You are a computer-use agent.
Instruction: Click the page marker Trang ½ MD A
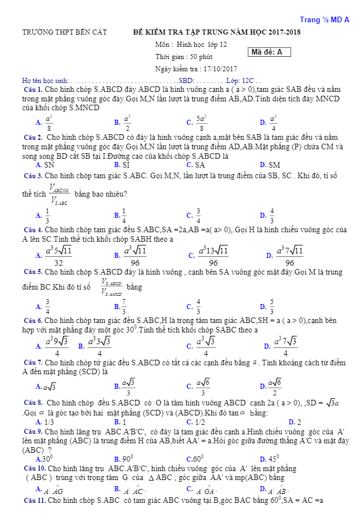coord(324,20)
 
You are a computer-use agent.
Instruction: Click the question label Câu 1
coord(34,89)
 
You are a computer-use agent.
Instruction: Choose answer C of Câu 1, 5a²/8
coord(198,121)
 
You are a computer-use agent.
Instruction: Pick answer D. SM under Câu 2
coord(270,165)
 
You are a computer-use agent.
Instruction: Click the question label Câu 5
coord(33,272)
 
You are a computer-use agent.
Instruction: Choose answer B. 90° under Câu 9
coord(123,459)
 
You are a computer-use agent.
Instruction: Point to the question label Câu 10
coord(33,469)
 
